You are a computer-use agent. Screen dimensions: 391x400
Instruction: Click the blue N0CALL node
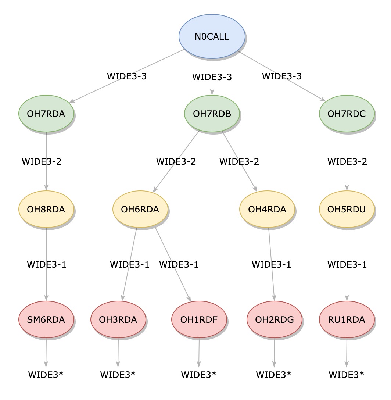(212, 37)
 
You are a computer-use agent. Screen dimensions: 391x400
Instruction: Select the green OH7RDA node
(46, 114)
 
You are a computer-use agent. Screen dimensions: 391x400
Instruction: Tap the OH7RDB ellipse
(212, 114)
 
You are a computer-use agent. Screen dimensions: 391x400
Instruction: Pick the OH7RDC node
(347, 114)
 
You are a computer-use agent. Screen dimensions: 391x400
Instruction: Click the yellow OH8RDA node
(46, 209)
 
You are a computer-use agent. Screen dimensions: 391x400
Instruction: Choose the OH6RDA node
(140, 209)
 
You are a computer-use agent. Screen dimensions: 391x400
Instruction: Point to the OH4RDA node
(267, 209)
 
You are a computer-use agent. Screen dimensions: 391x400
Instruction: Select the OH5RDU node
(347, 209)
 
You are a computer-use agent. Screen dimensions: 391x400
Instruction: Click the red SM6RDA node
(46, 319)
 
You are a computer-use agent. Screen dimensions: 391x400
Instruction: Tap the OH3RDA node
(118, 319)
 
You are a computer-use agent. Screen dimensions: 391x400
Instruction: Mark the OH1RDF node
(199, 319)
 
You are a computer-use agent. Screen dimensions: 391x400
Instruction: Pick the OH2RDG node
(274, 319)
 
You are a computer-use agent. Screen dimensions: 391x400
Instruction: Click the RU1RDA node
(347, 319)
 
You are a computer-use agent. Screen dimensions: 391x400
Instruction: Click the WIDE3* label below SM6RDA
(46, 375)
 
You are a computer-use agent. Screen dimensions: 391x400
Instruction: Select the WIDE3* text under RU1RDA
(346, 375)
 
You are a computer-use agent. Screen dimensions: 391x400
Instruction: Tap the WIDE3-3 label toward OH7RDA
(127, 76)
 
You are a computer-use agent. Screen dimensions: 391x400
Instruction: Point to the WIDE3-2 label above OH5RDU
(347, 161)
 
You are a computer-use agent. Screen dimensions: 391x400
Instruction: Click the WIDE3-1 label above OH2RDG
(271, 264)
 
